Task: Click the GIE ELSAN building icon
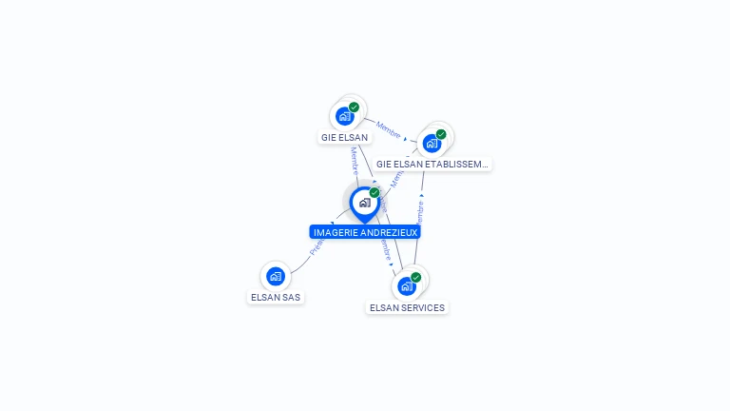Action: click(345, 117)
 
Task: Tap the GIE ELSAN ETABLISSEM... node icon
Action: click(432, 144)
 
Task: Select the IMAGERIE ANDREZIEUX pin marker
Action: click(364, 203)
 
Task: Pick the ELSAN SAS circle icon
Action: click(276, 277)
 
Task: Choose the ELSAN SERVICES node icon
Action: click(407, 286)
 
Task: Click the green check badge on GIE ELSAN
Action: click(354, 108)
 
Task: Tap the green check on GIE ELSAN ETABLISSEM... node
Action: click(441, 134)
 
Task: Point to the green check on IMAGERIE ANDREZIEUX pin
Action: click(375, 192)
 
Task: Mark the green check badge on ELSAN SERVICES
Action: click(415, 277)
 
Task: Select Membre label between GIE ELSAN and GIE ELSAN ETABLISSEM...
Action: click(388, 128)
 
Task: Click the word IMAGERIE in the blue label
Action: click(335, 232)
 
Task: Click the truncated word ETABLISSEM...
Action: click(456, 165)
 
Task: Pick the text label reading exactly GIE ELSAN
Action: click(344, 138)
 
